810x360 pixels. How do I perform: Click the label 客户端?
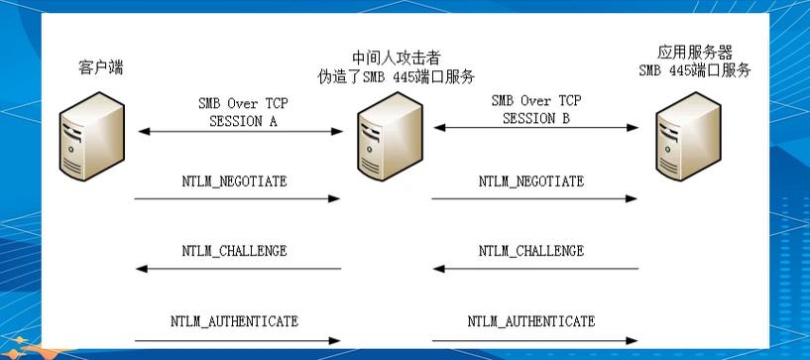pyautogui.click(x=100, y=68)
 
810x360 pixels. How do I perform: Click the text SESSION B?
pyautogui.click(x=535, y=118)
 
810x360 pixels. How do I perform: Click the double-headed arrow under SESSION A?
pyautogui.click(x=238, y=133)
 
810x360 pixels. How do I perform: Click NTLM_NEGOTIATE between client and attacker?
pyautogui.click(x=235, y=180)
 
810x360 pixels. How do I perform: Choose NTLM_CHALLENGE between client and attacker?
pyautogui.click(x=235, y=251)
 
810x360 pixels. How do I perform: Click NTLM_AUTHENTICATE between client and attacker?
pyautogui.click(x=235, y=321)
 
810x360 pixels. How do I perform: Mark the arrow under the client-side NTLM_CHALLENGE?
pyautogui.click(x=238, y=269)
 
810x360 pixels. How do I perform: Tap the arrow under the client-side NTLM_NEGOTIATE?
pyautogui.click(x=238, y=198)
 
